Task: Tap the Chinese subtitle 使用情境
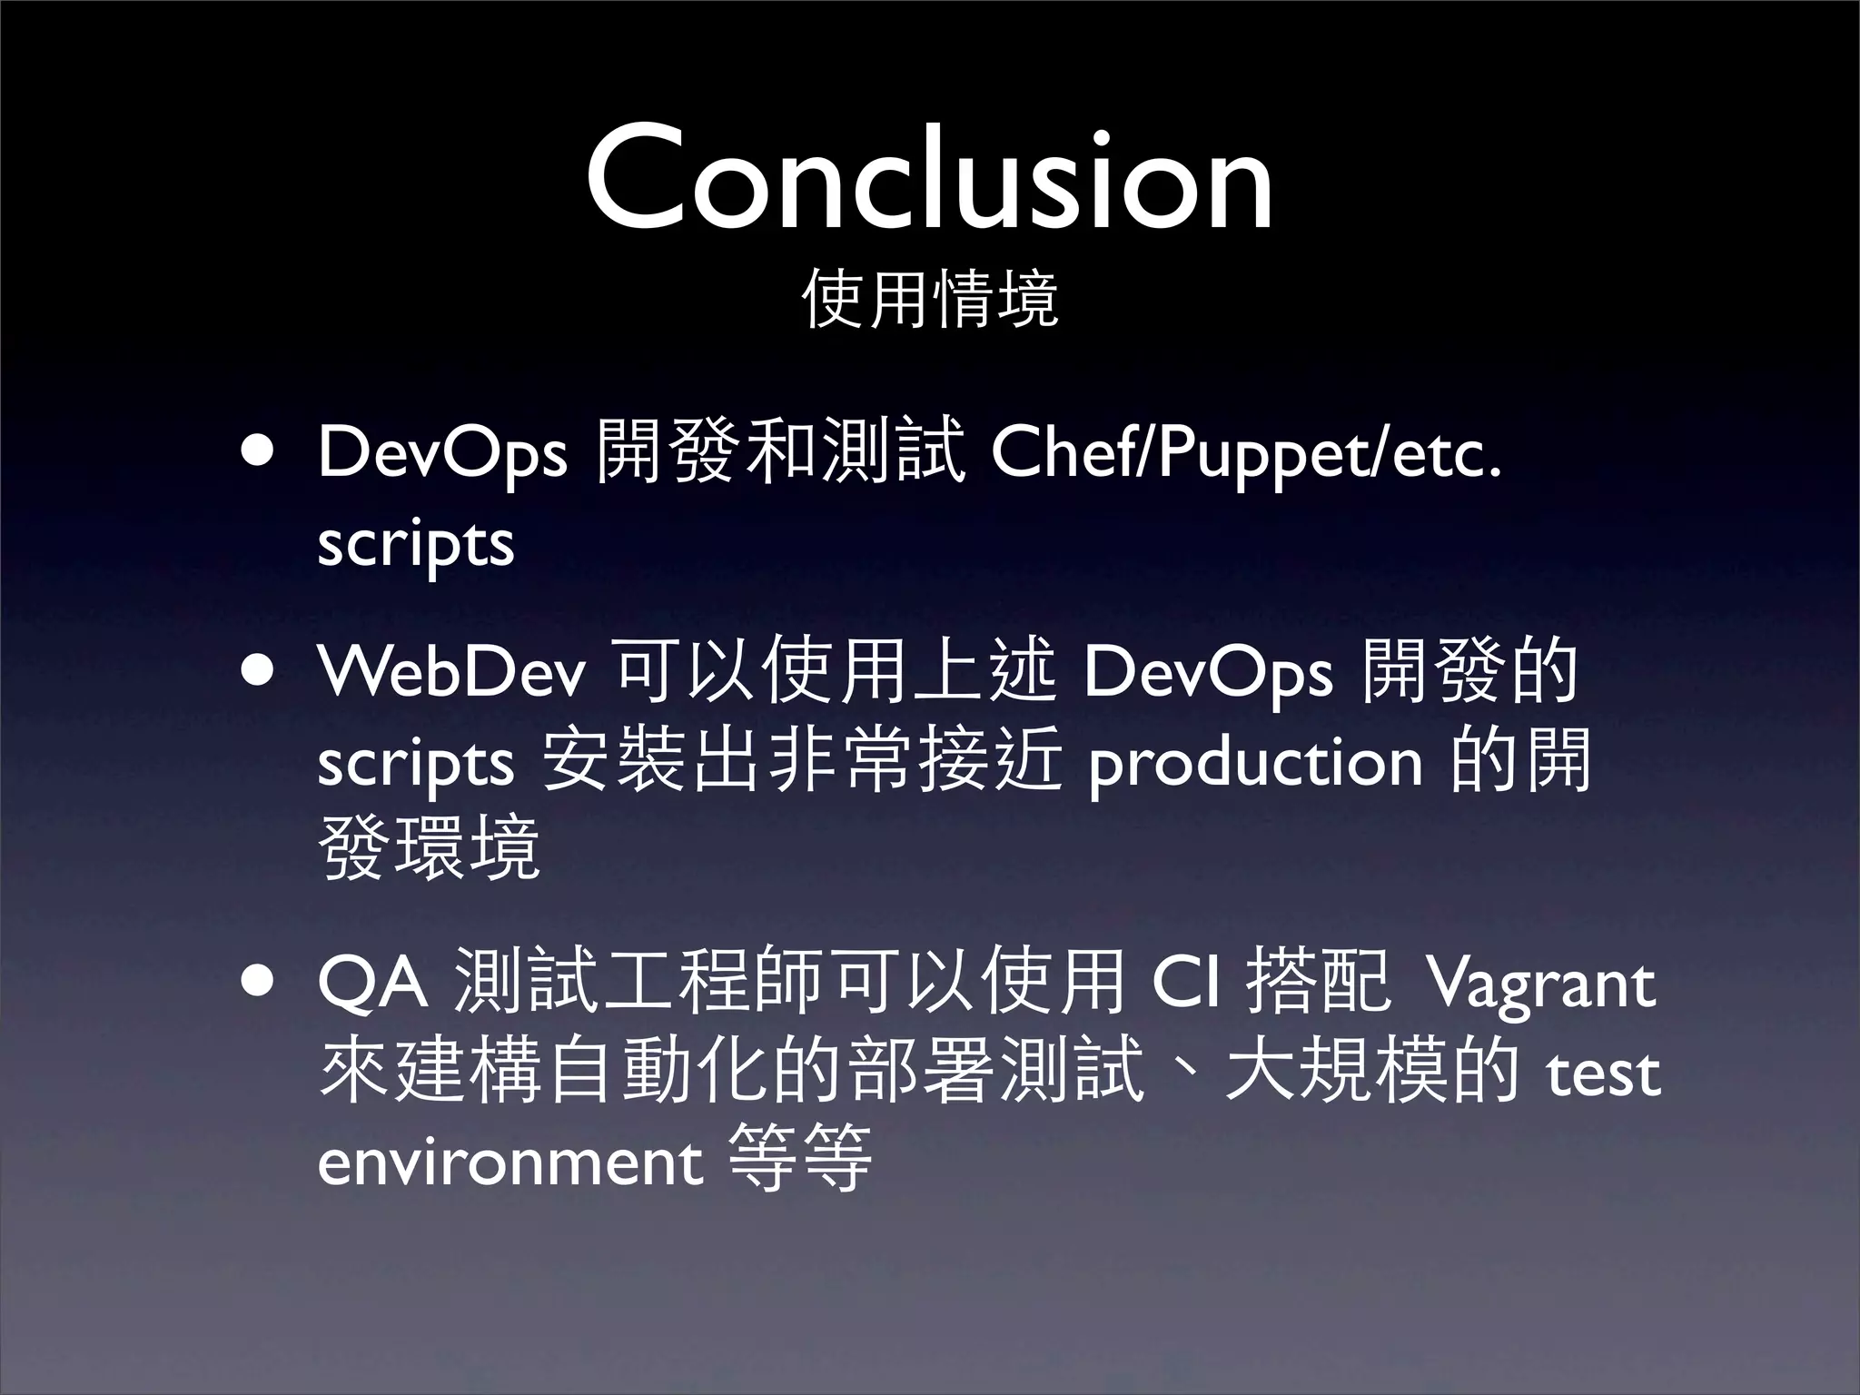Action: tap(930, 299)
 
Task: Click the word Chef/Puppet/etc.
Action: tap(1246, 453)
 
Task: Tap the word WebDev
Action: tap(453, 673)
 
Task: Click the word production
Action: tap(1256, 764)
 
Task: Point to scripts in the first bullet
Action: tap(416, 544)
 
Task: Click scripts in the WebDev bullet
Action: tap(416, 764)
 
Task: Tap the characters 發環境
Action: tap(430, 847)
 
